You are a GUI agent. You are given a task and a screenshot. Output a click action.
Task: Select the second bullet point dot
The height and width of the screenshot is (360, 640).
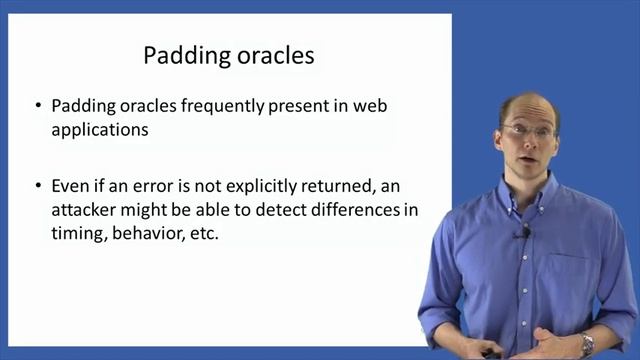pyautogui.click(x=38, y=187)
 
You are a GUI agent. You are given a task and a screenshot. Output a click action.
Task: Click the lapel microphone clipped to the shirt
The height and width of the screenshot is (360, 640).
pyautogui.click(x=523, y=232)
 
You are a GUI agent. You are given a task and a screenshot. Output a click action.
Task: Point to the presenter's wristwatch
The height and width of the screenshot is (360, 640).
pyautogui.click(x=587, y=342)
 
